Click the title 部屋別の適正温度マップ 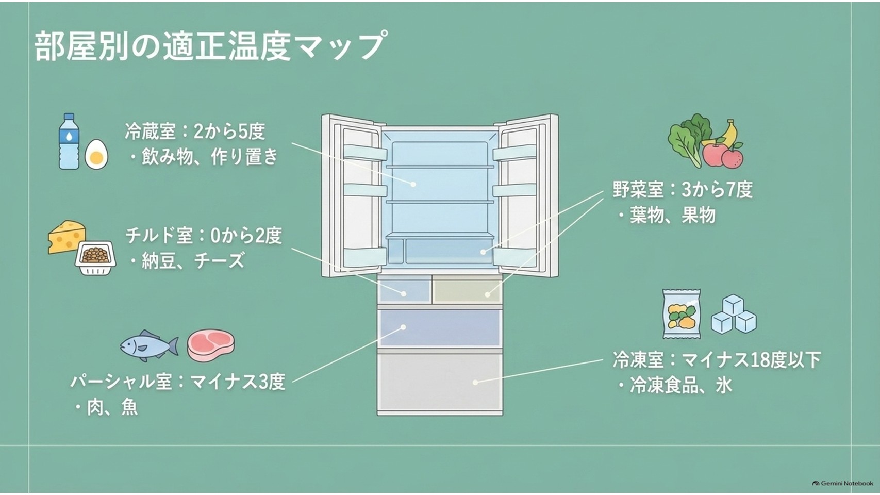[x=209, y=47]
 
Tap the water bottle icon [x=69, y=141]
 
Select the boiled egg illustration [x=96, y=154]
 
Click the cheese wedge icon [x=67, y=236]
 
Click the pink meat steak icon [x=210, y=345]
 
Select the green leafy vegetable [x=688, y=139]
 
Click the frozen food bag [x=682, y=313]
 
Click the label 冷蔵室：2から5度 [x=195, y=131]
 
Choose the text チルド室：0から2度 [x=204, y=235]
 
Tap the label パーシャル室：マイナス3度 [x=177, y=382]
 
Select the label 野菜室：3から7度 [x=683, y=190]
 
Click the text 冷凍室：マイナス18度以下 [x=717, y=359]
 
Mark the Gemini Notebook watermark [x=842, y=483]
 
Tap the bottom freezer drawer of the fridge [x=440, y=384]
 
